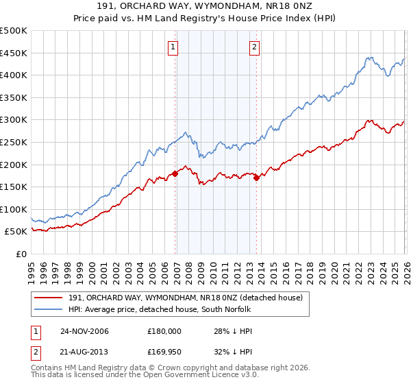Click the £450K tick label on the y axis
coord(14,53)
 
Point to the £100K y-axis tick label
coord(14,209)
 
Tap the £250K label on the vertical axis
coord(14,142)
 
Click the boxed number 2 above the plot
coord(254,47)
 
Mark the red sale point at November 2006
coord(175,173)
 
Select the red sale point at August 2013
coord(256,178)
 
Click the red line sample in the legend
coord(49,297)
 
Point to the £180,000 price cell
coord(164,331)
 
